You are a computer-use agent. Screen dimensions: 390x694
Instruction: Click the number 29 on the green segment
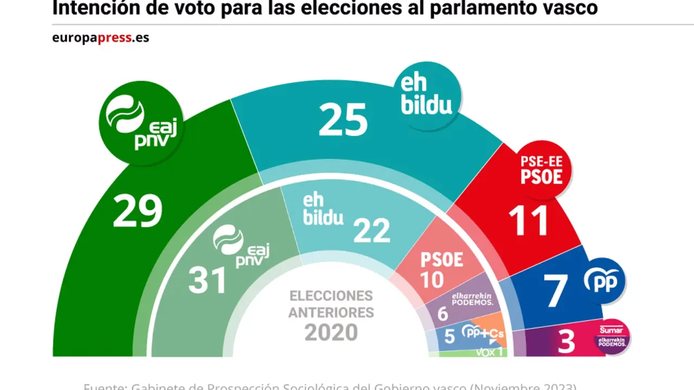137,211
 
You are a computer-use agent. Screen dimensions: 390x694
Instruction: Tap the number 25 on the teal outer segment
343,120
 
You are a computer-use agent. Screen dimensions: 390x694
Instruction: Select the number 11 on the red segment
528,221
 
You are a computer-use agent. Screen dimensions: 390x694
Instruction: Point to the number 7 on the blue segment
556,290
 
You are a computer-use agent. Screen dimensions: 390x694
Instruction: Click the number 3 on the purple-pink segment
566,343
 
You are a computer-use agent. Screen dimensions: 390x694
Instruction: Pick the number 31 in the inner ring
207,281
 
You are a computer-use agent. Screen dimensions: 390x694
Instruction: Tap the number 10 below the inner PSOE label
432,279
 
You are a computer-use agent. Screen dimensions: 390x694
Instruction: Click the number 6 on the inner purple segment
442,314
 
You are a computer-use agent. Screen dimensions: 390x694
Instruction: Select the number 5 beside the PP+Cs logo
449,336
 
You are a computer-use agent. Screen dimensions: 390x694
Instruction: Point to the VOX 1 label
490,352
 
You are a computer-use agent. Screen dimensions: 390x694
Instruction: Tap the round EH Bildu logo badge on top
427,96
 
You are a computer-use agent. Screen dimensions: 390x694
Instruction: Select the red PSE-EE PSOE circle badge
541,170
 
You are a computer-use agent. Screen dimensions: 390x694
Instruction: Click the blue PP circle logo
604,281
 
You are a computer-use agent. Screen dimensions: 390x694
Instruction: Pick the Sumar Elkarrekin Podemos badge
612,337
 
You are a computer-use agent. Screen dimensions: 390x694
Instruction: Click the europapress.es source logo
100,38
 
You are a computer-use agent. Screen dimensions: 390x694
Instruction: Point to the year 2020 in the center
331,332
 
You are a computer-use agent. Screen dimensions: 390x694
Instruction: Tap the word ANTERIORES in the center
331,313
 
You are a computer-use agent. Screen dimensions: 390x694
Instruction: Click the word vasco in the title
573,8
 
